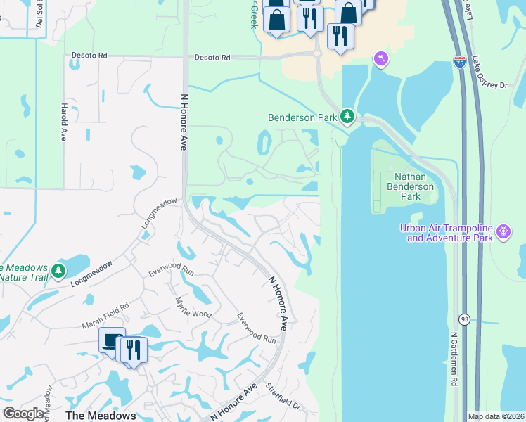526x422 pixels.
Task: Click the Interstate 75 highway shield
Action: click(459, 62)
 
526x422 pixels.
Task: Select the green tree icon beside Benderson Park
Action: click(347, 116)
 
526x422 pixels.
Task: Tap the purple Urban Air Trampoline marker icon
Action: click(503, 232)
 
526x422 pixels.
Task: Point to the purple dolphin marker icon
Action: click(380, 58)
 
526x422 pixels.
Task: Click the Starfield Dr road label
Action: click(283, 397)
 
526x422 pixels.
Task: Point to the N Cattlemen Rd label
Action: click(454, 359)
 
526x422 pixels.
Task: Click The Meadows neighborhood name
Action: click(101, 415)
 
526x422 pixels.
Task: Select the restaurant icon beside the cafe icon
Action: click(134, 350)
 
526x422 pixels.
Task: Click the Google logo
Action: click(24, 414)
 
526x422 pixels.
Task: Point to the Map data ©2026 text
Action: click(496, 416)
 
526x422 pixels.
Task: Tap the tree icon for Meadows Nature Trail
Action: click(59, 270)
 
